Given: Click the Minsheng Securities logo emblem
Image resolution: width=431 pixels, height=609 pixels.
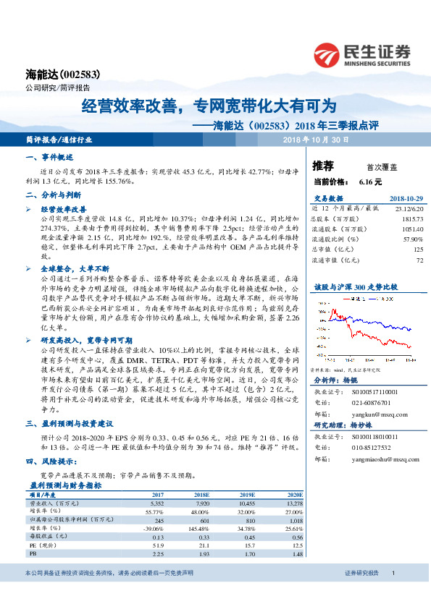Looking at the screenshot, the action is [327, 54].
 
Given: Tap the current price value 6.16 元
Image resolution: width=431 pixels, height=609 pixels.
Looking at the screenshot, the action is [369, 183].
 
